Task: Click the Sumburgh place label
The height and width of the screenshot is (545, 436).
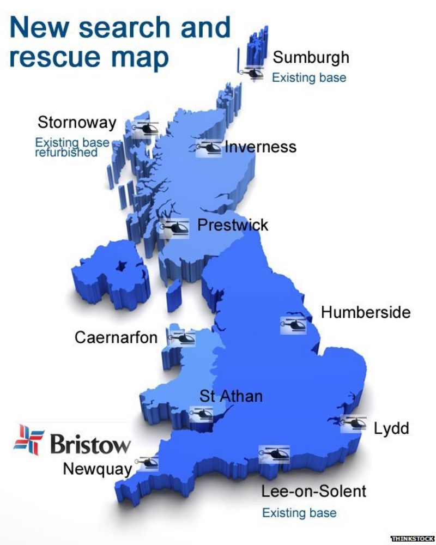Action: click(311, 57)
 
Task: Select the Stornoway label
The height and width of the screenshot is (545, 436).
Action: click(77, 122)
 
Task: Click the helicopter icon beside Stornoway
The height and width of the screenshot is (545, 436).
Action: click(145, 128)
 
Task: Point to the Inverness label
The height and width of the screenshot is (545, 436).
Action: click(261, 147)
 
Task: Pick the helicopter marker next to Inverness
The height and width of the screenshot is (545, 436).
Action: click(208, 147)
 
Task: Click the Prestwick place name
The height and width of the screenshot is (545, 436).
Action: click(233, 225)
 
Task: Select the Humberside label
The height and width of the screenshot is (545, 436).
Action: click(365, 312)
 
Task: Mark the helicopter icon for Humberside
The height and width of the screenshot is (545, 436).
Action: click(293, 324)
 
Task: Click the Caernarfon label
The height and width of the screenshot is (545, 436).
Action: click(116, 337)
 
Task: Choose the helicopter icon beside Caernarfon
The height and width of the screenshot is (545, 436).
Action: click(182, 338)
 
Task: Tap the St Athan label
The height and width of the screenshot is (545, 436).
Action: click(231, 396)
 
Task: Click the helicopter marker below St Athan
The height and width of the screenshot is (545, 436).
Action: click(201, 414)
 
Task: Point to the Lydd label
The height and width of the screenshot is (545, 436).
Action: click(391, 428)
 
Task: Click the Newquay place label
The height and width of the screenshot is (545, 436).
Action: click(98, 468)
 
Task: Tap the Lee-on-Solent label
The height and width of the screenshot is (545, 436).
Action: click(313, 491)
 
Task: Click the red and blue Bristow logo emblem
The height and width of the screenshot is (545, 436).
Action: click(28, 440)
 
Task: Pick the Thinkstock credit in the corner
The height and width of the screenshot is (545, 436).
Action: click(412, 538)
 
